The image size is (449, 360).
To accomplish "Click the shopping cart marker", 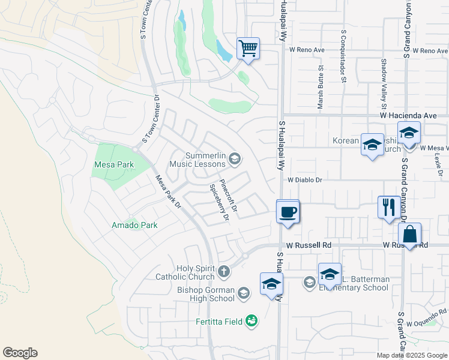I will click(248, 48).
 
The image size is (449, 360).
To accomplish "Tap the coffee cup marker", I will click(288, 212).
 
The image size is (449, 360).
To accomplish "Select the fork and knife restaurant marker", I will click(388, 207).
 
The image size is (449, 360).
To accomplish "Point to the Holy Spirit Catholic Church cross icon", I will click(223, 272).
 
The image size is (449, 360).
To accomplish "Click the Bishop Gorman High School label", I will click(197, 294).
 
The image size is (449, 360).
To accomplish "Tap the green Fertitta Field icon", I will click(252, 322).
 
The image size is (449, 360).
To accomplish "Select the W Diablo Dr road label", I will click(305, 179).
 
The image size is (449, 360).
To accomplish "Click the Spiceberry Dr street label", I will click(218, 202).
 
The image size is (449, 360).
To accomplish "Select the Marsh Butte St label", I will click(320, 88).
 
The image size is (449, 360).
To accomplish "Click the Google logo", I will click(20, 353).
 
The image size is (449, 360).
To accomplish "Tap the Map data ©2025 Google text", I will click(412, 355).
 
